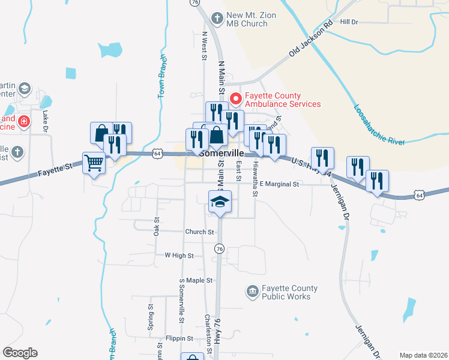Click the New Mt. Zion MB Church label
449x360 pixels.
click(x=246, y=19)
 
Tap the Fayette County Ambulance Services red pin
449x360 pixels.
click(x=236, y=98)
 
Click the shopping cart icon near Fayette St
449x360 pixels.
click(x=94, y=163)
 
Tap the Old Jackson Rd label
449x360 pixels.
click(x=310, y=40)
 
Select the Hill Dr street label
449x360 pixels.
click(x=349, y=22)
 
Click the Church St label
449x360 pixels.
click(x=199, y=232)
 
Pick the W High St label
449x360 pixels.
click(x=179, y=255)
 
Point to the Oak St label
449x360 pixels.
click(x=156, y=226)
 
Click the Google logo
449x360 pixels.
click(x=20, y=353)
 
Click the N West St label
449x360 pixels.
click(x=204, y=47)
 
